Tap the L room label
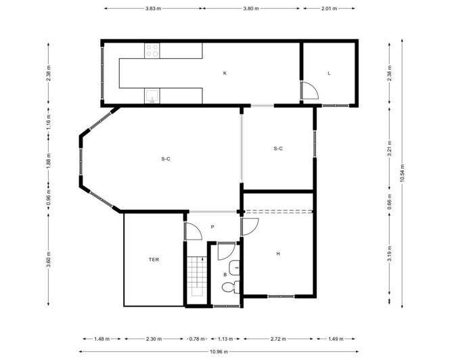[328, 72]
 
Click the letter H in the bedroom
[277, 254]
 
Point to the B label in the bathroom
[225, 275]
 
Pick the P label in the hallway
[212, 227]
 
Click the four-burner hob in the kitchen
[152, 51]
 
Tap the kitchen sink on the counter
[152, 97]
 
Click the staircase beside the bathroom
[196, 277]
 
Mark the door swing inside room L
[309, 90]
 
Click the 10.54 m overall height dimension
[402, 174]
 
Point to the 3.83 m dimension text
[154, 9]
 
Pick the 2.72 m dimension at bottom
[277, 338]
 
